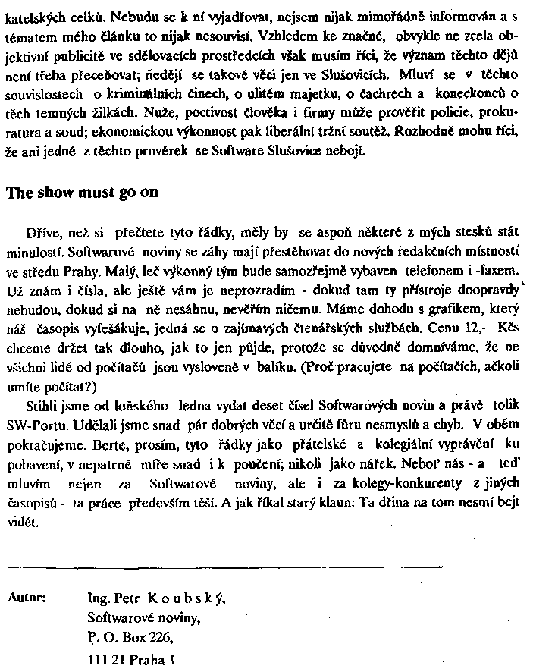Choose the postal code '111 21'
tap(105, 660)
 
